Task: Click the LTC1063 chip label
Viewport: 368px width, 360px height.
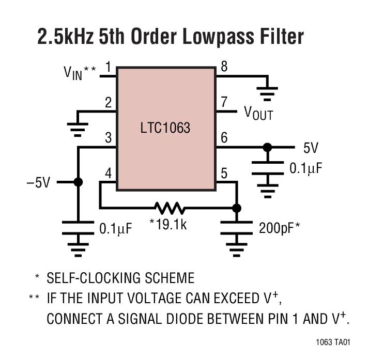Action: (x=166, y=128)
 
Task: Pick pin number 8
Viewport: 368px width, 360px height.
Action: (x=224, y=67)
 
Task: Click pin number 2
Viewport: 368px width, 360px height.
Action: (x=109, y=102)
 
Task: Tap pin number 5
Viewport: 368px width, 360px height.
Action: (x=224, y=174)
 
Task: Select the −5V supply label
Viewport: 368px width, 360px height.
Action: (x=38, y=182)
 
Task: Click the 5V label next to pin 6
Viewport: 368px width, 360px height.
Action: (x=311, y=149)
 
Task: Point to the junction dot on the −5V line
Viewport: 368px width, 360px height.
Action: (x=78, y=182)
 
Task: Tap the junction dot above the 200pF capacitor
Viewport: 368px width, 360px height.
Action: (x=237, y=208)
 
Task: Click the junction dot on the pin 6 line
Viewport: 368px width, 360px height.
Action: (x=267, y=147)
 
